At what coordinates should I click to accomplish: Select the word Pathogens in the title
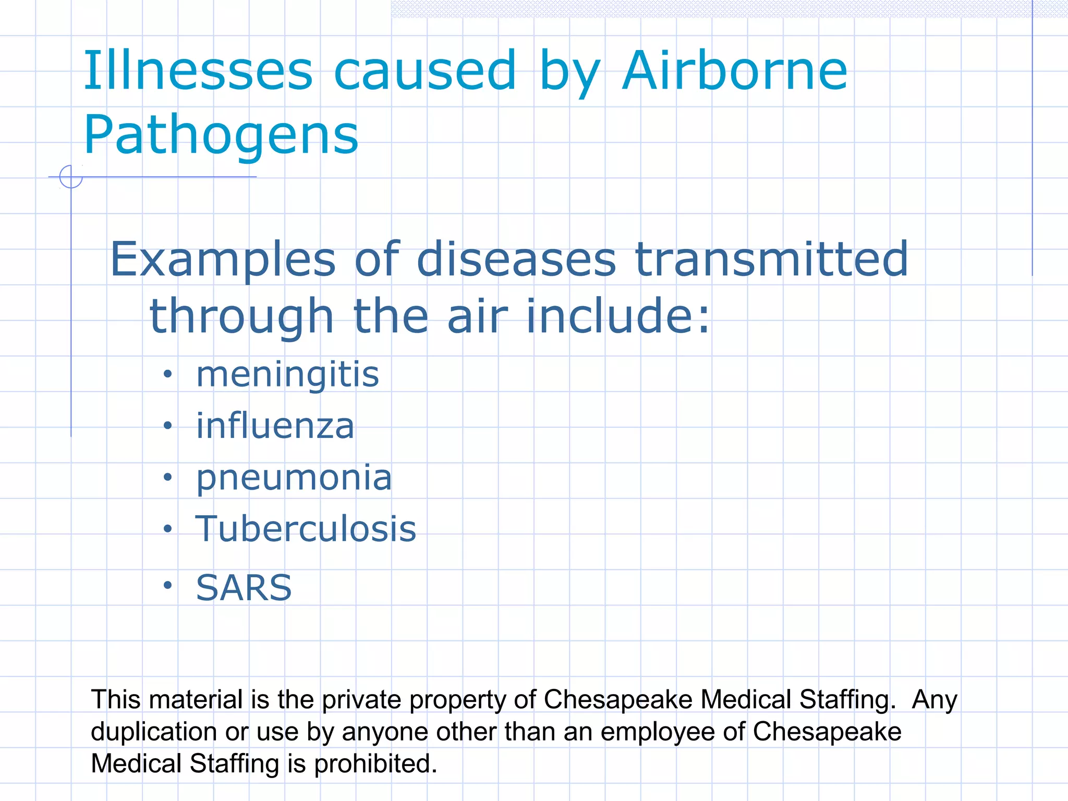tap(221, 135)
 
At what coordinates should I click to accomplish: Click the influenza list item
tap(275, 426)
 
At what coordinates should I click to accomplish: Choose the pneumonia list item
tap(294, 478)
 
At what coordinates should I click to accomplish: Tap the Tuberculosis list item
tap(306, 529)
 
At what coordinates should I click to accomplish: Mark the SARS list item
tap(244, 588)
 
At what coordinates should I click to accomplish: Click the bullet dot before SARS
tap(167, 586)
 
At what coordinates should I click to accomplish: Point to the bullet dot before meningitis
tap(167, 374)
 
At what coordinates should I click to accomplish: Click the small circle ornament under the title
tap(71, 176)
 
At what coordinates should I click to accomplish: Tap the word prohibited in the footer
tap(375, 763)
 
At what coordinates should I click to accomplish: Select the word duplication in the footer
tap(154, 732)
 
